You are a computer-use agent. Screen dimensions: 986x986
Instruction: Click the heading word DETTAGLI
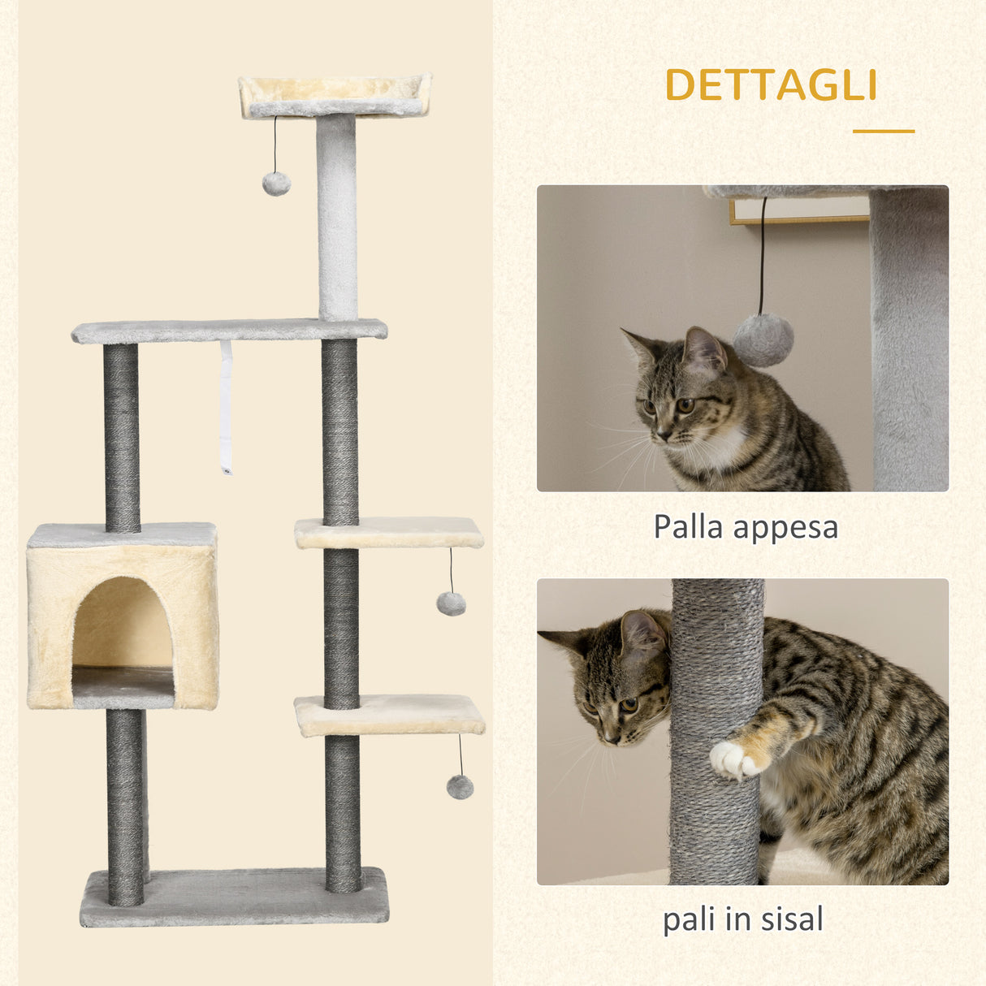771,85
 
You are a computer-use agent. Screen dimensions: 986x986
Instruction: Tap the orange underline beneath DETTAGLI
883,131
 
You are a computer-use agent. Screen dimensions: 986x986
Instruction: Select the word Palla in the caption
688,526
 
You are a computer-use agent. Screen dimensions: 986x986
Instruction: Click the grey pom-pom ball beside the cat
763,339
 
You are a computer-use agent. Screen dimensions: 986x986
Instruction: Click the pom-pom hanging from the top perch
276,184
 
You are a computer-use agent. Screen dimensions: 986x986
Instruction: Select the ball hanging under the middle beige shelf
451,603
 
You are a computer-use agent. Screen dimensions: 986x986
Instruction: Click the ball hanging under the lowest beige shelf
460,786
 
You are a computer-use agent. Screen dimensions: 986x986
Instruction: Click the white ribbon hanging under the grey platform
226,406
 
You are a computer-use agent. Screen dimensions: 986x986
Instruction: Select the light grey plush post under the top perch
337,215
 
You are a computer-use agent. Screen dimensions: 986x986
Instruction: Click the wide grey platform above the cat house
228,330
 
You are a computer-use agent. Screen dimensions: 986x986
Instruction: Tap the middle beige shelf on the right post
388,533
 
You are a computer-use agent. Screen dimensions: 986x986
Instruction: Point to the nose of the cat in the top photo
661,435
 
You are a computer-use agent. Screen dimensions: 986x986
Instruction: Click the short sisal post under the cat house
126,804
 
